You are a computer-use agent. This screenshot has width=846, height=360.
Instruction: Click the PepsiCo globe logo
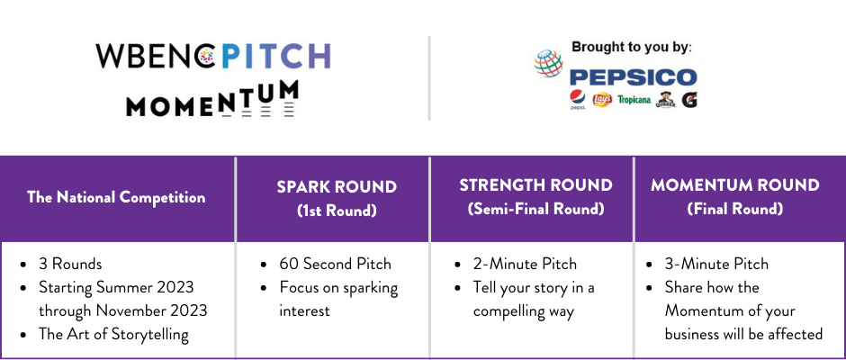548,63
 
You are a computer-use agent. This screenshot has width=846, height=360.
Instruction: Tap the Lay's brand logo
601,100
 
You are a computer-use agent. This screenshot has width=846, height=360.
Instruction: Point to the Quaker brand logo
666,100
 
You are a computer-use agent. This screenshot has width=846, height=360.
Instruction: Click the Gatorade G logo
689,100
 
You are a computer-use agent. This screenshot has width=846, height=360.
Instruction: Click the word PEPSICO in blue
633,77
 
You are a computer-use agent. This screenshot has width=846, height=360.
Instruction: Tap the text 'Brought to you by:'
631,48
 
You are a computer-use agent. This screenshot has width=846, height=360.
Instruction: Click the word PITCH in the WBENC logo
275,56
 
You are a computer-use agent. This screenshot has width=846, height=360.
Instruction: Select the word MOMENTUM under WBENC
212,100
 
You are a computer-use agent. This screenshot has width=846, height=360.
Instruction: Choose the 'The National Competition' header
116,197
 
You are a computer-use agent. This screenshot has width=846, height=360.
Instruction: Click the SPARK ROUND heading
337,186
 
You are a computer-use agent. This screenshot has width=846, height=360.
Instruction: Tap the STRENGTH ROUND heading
535,185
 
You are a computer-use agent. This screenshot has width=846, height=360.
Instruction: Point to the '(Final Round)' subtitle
735,209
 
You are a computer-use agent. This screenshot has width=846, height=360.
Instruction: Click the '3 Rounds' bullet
70,264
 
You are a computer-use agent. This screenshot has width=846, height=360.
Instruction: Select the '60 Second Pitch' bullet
335,264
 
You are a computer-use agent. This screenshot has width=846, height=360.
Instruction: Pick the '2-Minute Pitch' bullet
525,264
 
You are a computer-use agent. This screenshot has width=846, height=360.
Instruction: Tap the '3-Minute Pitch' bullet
716,264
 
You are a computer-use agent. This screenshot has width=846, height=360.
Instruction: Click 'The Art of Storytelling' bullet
113,335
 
